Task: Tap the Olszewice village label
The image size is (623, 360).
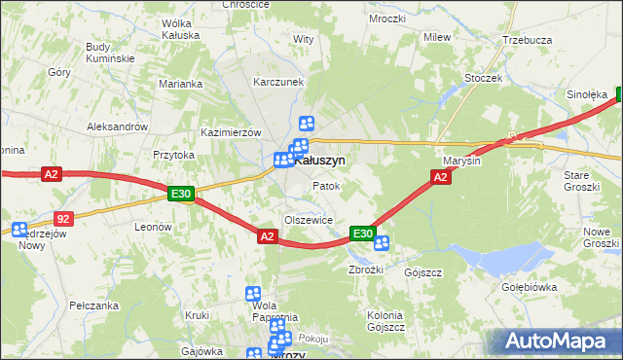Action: click(309, 220)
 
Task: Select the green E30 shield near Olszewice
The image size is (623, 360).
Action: click(363, 234)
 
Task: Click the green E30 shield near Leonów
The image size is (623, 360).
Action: click(181, 195)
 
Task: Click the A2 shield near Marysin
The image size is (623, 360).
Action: click(440, 176)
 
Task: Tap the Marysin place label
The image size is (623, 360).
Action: click(461, 161)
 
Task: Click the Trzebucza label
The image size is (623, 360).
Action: click(527, 40)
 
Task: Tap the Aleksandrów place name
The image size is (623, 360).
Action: click(117, 126)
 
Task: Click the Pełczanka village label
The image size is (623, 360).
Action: click(94, 305)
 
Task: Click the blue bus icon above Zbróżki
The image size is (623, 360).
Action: click(382, 243)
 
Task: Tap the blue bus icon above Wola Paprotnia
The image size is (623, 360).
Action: click(253, 293)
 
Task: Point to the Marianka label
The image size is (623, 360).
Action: click(181, 84)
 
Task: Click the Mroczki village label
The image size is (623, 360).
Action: click(360, 18)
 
